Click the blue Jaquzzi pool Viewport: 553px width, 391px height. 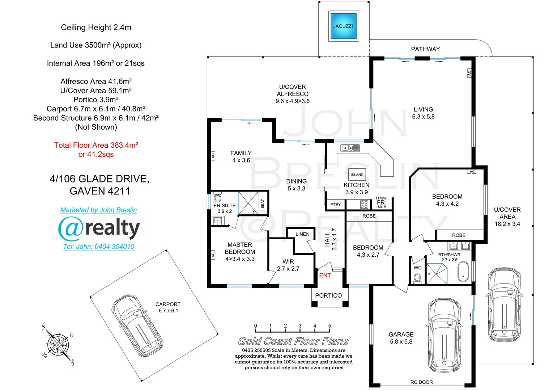(x=343, y=26)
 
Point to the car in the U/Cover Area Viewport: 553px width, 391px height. (x=504, y=304)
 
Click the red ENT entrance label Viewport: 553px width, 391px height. (x=325, y=276)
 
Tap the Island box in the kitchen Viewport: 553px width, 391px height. (x=357, y=175)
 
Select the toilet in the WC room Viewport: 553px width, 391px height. (x=417, y=278)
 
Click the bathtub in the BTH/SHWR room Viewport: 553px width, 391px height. (x=463, y=272)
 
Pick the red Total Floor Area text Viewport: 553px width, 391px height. (x=96, y=150)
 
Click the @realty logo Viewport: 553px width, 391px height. (x=99, y=228)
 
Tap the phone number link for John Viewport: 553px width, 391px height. (x=99, y=247)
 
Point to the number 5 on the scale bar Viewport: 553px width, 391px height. (x=329, y=326)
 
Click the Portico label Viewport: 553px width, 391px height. (x=328, y=295)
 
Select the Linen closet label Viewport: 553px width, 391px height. (x=302, y=234)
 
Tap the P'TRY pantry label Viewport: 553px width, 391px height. (x=335, y=205)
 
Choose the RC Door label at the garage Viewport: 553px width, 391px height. (x=421, y=382)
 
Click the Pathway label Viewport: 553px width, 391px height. (x=425, y=49)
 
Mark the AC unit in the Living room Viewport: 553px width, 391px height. (x=469, y=73)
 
